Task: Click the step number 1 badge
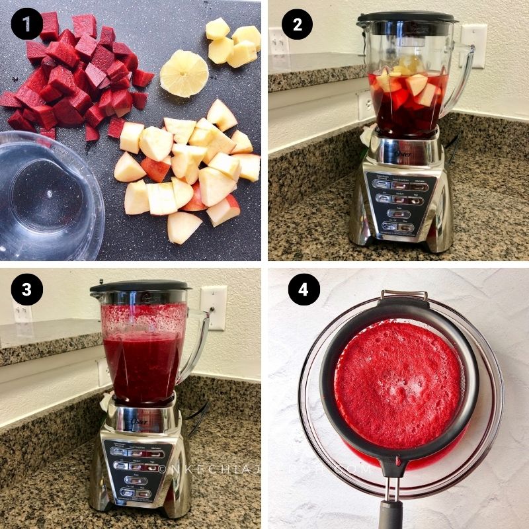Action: [x=26, y=26]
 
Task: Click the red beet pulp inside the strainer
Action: [x=397, y=377]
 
